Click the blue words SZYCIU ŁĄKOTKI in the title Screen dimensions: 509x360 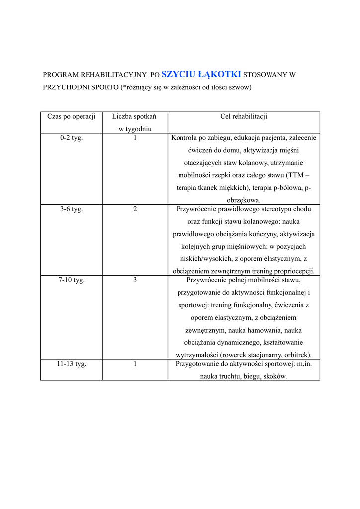click(x=201, y=74)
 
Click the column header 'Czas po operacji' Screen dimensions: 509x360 click(x=71, y=116)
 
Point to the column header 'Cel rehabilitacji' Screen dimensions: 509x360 click(x=244, y=116)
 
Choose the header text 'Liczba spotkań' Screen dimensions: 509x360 click(x=134, y=116)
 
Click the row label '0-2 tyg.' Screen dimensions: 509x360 click(x=71, y=138)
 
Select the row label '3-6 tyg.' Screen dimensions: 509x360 click(x=71, y=209)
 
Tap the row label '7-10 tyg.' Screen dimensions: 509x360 click(x=71, y=280)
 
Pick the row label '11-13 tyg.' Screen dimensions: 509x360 click(x=71, y=364)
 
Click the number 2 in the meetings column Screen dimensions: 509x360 click(x=135, y=209)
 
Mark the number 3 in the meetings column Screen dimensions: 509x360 click(x=135, y=280)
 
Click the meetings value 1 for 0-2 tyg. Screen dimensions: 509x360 click(x=135, y=138)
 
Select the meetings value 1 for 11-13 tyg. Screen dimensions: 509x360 click(x=135, y=364)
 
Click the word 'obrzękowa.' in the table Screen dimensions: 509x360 click(x=244, y=200)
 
